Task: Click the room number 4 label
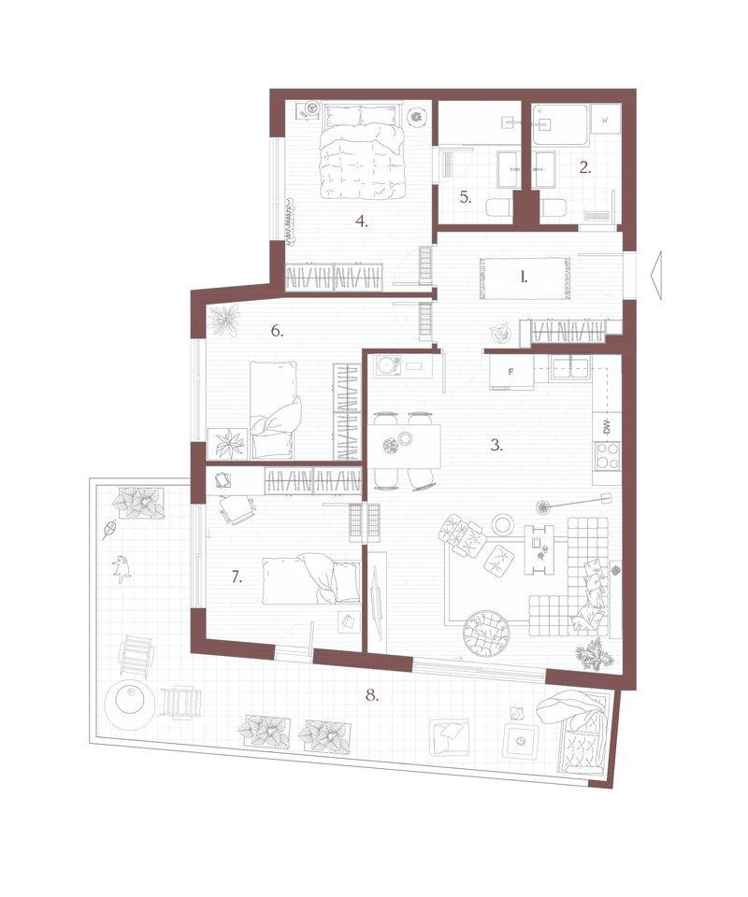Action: (361, 221)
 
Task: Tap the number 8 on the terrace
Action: (372, 695)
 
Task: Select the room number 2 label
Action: (585, 167)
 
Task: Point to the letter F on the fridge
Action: (511, 372)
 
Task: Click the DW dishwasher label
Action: (607, 427)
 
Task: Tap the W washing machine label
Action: (604, 121)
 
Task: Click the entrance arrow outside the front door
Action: (655, 275)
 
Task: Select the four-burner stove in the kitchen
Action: (607, 456)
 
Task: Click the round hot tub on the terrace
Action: (129, 703)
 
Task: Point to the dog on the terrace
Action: (122, 569)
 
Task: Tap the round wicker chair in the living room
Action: (485, 634)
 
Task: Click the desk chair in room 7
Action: (237, 508)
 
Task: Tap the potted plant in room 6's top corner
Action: (223, 320)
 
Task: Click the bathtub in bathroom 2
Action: (560, 124)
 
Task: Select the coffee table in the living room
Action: (539, 548)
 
